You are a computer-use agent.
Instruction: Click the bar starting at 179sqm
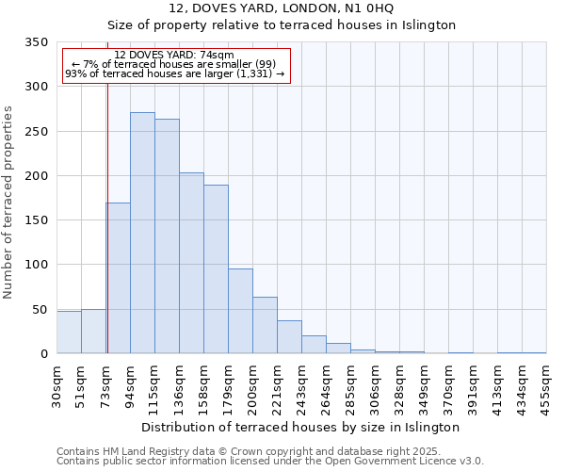240,311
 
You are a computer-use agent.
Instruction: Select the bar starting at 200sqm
265,325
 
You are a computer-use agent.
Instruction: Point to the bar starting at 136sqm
191,263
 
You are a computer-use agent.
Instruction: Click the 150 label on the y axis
37,220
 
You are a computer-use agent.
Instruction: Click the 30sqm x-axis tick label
56,384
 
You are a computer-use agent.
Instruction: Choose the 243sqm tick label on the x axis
301,384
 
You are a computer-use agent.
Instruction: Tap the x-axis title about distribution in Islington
300,427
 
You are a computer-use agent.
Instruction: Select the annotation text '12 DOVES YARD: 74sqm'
174,56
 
